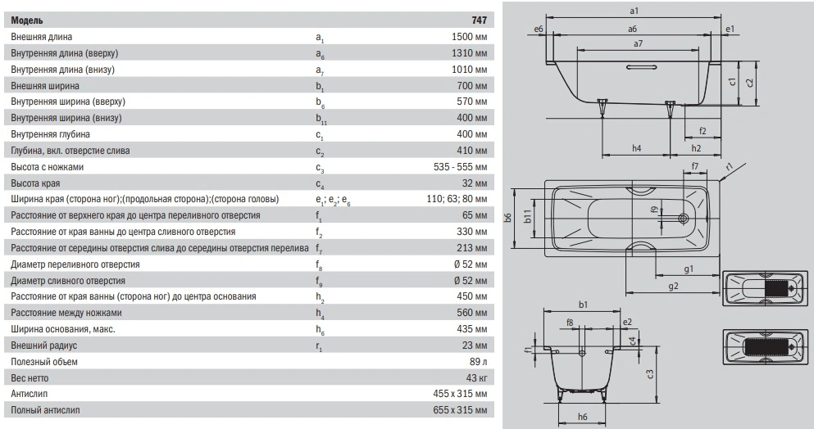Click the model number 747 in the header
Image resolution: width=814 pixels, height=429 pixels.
click(478, 20)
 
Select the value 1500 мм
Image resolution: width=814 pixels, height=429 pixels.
click(469, 37)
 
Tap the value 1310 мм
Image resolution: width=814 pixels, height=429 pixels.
click(469, 53)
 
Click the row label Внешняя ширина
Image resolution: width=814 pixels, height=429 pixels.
click(45, 85)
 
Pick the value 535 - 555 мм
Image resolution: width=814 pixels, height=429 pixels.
click(458, 167)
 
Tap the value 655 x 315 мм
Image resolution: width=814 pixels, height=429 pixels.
click(458, 409)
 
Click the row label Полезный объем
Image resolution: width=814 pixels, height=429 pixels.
click(51, 361)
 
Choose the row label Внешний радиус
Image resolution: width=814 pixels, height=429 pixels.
click(48, 345)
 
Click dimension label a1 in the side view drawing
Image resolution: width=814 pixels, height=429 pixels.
click(634, 11)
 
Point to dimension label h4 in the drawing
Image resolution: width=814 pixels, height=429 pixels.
click(637, 148)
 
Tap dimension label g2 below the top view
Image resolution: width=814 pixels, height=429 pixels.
click(672, 286)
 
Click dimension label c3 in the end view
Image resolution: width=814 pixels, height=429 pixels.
click(650, 374)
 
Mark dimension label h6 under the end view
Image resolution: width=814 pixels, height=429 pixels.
click(582, 418)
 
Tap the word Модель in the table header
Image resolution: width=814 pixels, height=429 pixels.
click(28, 20)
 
